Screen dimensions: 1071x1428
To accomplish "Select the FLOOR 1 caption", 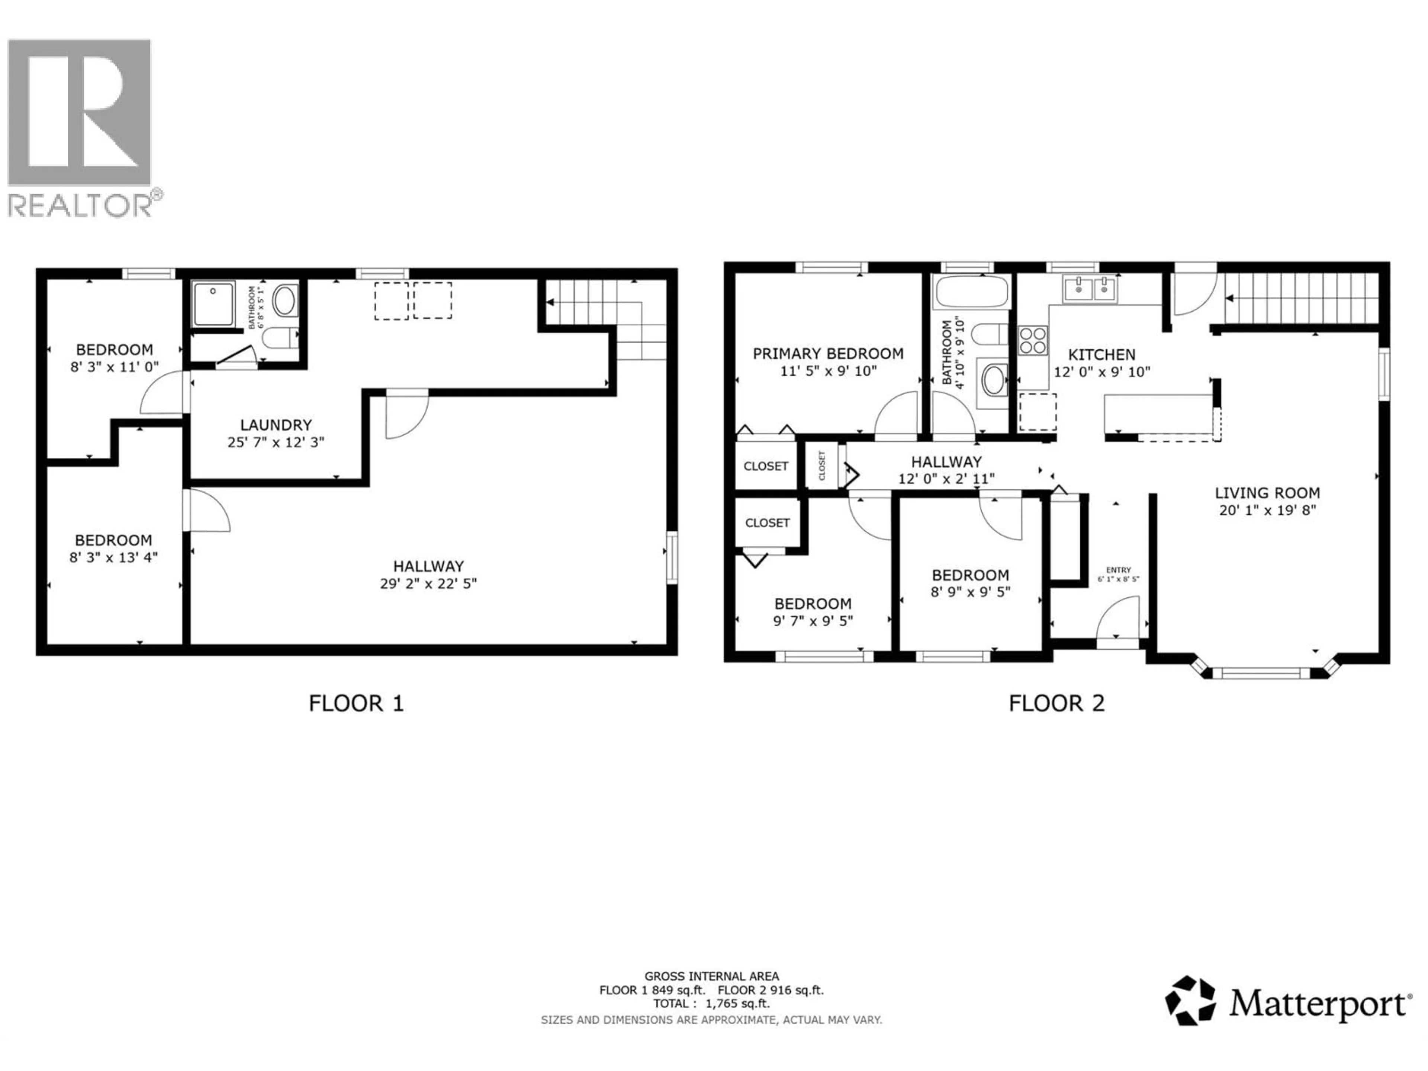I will click(356, 703).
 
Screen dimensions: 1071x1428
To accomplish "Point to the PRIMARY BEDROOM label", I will click(828, 354).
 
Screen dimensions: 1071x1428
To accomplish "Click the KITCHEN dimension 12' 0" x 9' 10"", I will click(1101, 372).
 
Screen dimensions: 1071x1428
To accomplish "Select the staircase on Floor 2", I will click(1301, 297).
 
